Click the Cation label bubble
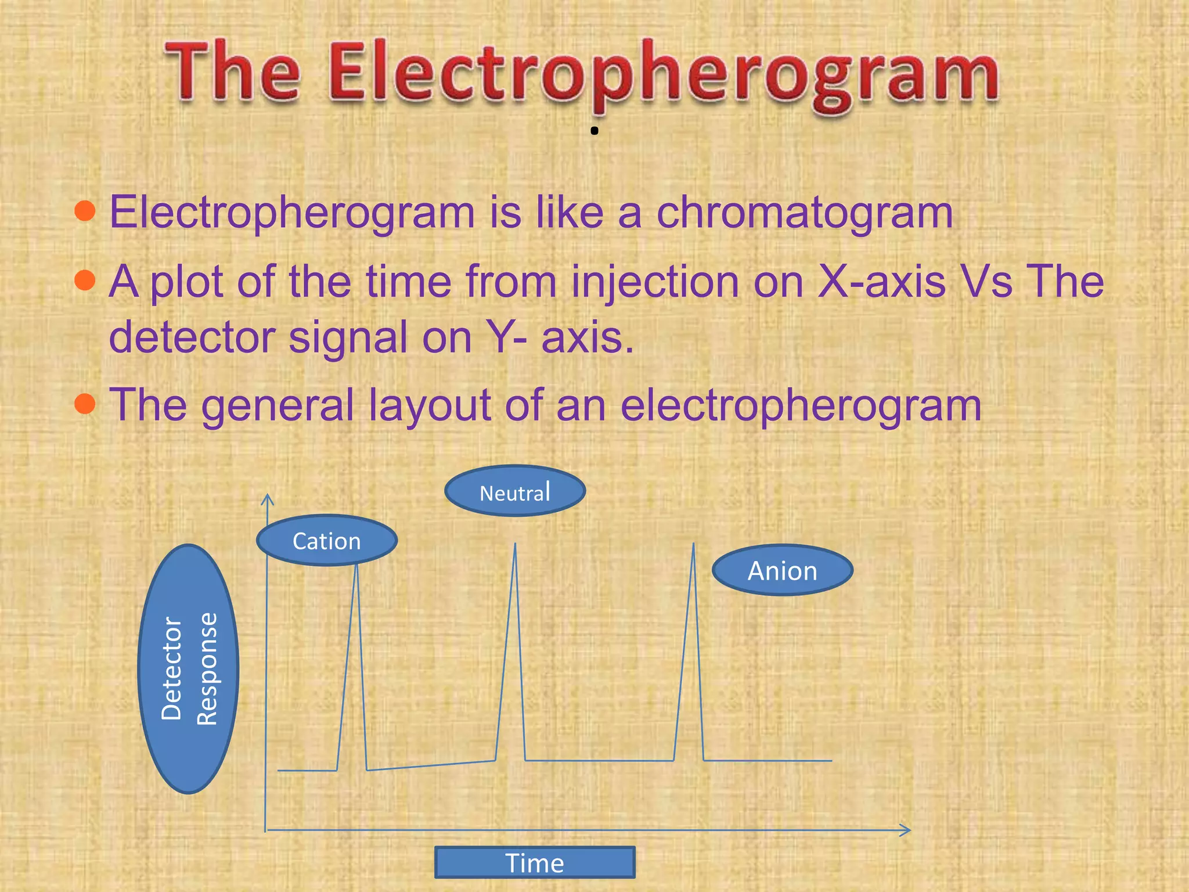click(x=327, y=541)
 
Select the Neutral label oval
click(x=515, y=492)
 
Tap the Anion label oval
click(x=782, y=570)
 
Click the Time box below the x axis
click(x=535, y=862)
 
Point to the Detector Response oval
click(x=189, y=669)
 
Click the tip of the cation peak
click(x=356, y=565)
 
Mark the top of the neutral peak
click(x=515, y=544)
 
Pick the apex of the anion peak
click(x=693, y=544)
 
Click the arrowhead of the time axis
click(x=907, y=830)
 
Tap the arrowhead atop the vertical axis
click(x=267, y=498)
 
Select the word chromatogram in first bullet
click(x=805, y=213)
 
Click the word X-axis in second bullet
click(x=882, y=282)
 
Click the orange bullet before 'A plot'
click(x=85, y=280)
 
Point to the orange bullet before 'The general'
click(x=85, y=403)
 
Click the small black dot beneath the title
click(x=594, y=131)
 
